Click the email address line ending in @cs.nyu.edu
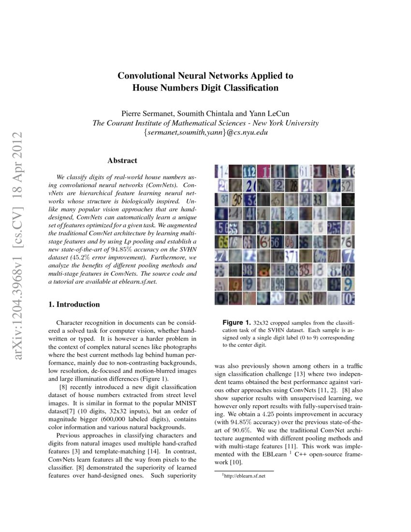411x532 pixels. [205, 132]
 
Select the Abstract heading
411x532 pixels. [122, 161]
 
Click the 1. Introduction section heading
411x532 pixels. [74, 304]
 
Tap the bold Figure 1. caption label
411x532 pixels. [236, 323]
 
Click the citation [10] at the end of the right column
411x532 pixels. [236, 463]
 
